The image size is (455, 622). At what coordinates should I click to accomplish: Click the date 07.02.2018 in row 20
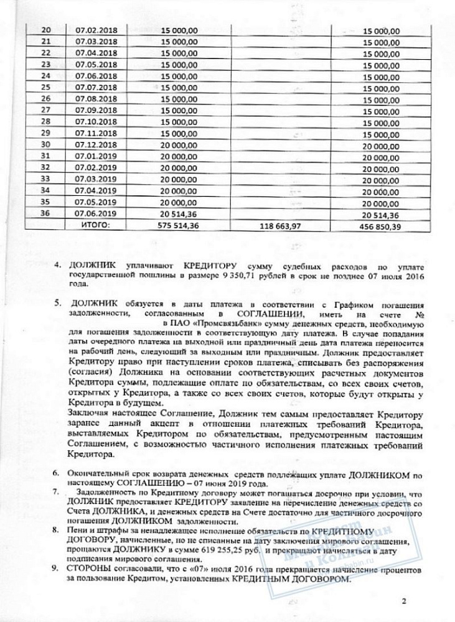click(96, 29)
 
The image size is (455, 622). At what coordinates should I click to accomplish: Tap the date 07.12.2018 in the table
click(96, 144)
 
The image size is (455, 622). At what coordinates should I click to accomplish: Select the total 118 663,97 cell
click(279, 226)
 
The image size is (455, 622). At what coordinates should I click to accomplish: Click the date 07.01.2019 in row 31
click(96, 156)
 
